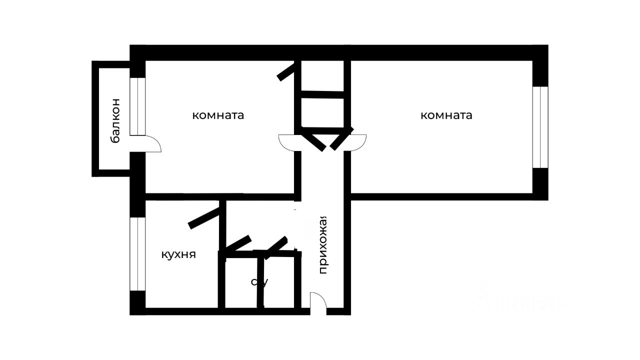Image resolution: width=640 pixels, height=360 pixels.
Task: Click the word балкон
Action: point(115,120)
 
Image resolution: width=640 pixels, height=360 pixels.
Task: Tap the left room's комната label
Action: point(218,115)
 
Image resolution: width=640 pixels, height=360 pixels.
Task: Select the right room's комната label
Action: point(446,115)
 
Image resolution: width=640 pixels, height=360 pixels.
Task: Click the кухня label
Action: point(178,254)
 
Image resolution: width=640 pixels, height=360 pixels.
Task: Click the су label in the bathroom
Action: point(259,282)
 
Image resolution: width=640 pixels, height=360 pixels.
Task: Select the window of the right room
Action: point(540,127)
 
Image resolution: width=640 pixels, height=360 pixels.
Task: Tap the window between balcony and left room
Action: point(137,106)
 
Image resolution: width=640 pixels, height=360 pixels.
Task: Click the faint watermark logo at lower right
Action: point(520,300)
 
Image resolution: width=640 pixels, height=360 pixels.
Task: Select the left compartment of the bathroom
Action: point(241,282)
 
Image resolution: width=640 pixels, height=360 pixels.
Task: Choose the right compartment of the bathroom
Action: point(279,282)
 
